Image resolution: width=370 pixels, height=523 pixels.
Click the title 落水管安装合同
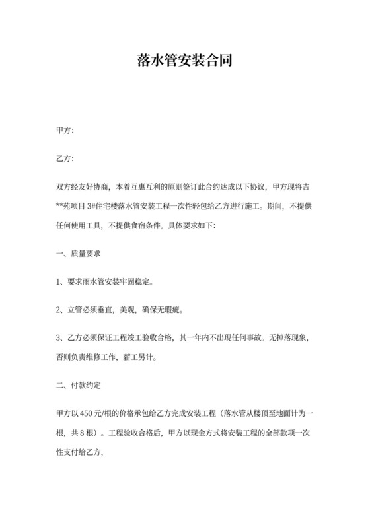184,62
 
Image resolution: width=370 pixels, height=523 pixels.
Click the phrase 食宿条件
151,225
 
